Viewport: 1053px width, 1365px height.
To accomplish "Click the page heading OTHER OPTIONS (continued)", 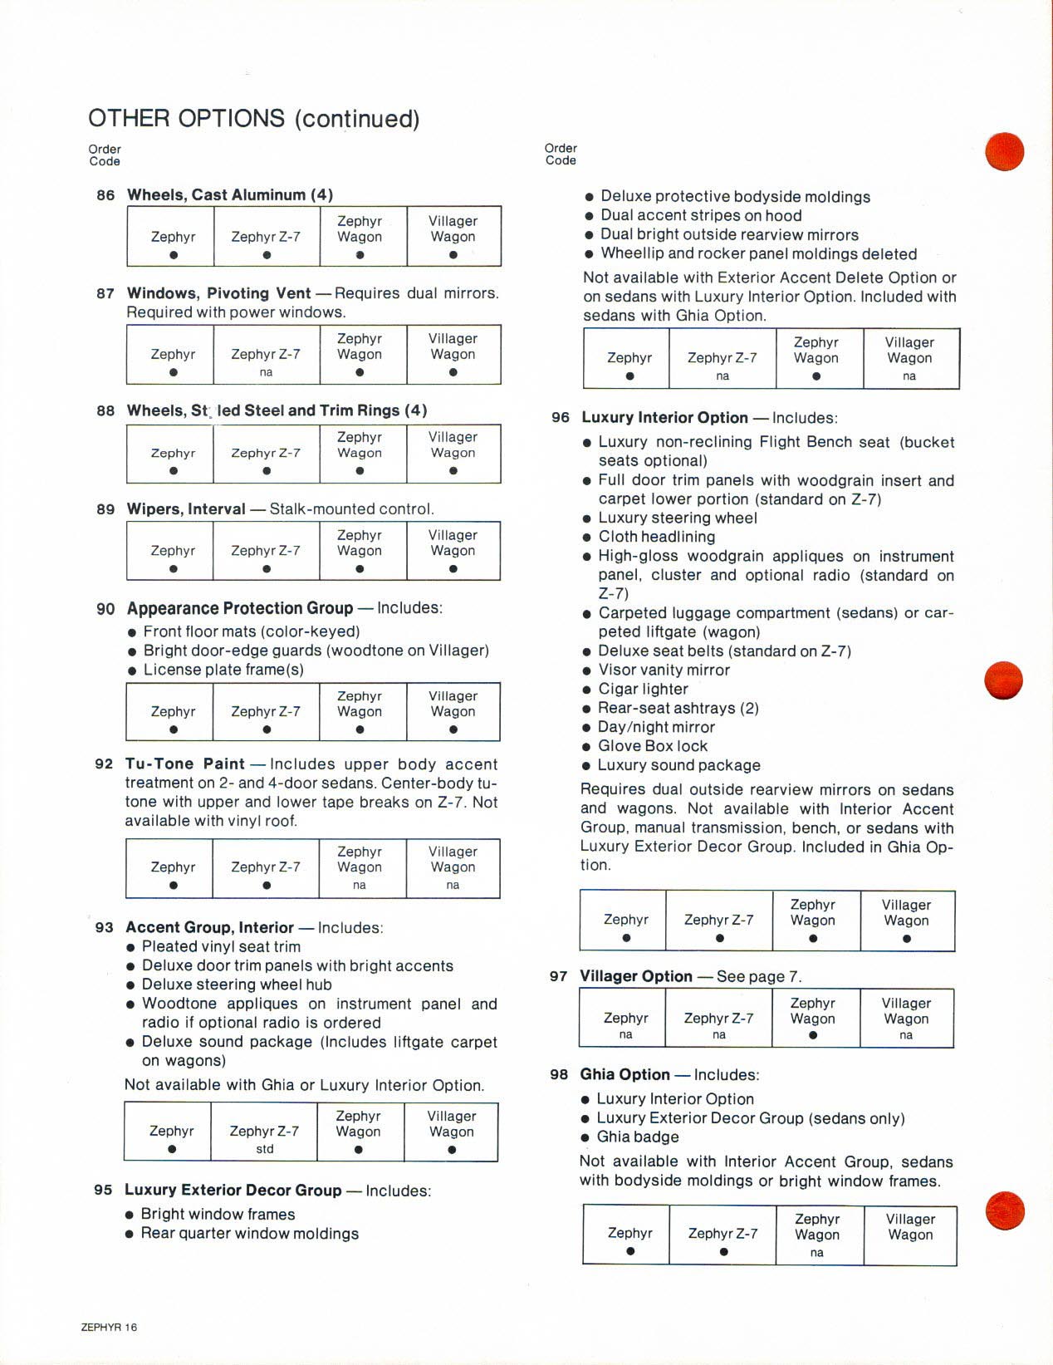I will click(x=253, y=119).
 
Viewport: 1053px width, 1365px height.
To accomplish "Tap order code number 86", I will click(x=105, y=195).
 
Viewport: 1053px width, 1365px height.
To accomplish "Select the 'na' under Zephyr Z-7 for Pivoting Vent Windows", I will click(x=266, y=372).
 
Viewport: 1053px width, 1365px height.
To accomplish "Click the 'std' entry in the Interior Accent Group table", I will click(x=264, y=1149).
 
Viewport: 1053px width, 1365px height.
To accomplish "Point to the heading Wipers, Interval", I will click(x=186, y=509).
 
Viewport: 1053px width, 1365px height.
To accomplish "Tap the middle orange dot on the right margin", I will click(x=1003, y=680).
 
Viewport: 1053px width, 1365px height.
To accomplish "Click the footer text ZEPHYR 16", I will click(x=109, y=1327).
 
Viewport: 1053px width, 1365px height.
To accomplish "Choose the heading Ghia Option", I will click(x=624, y=1074).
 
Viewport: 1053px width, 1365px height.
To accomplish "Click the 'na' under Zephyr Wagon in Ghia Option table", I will click(x=816, y=1253).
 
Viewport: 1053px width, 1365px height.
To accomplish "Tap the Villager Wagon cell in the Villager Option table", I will click(x=906, y=1018).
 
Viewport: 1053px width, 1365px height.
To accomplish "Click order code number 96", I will click(x=561, y=418).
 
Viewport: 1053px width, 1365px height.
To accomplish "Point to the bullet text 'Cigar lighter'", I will click(x=643, y=689).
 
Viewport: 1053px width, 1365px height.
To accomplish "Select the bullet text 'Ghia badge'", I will click(x=637, y=1137).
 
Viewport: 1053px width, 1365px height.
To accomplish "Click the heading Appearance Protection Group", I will click(x=239, y=608).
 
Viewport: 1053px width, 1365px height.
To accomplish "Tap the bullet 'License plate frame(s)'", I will click(x=223, y=670).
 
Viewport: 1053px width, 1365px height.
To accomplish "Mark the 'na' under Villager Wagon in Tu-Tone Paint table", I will click(x=453, y=885).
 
